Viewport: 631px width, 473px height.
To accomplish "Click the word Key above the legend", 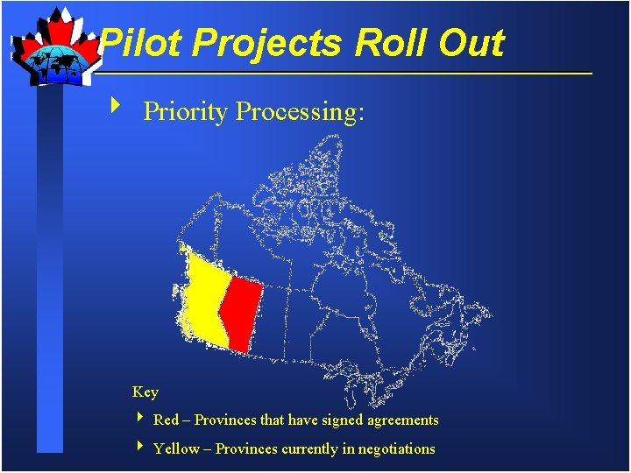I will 145,392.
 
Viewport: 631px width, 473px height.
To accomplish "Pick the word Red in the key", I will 166,420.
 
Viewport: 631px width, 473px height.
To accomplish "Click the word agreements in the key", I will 399,420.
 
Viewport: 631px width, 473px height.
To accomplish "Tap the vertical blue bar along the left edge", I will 51,263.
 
